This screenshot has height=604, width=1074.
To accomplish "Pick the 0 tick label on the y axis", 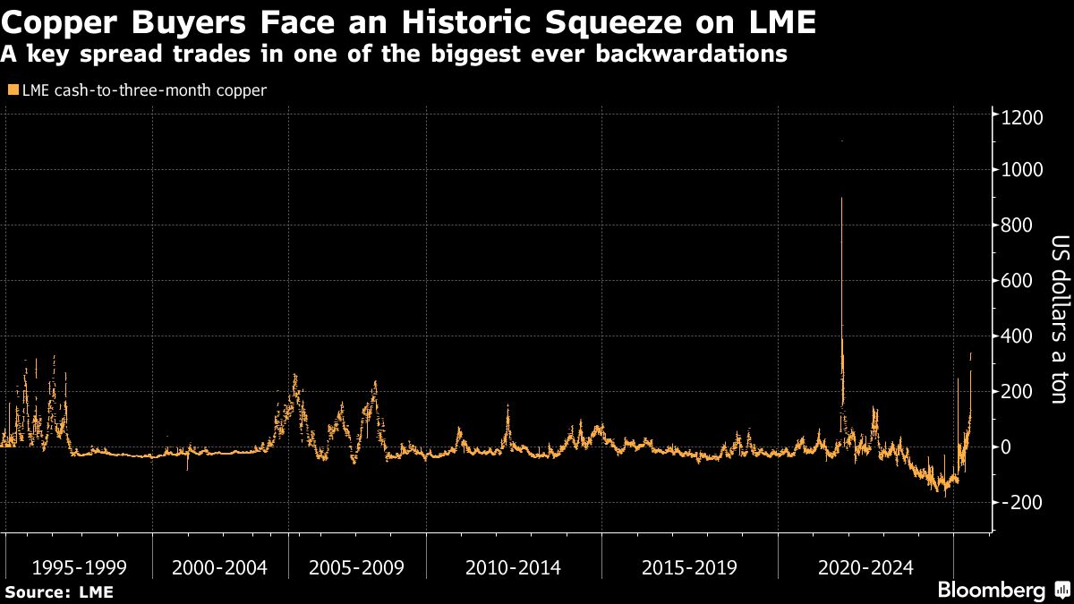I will coord(1008,447).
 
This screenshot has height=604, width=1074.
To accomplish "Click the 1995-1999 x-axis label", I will coord(79,567).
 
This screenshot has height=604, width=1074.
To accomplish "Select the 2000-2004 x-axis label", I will coord(219,567).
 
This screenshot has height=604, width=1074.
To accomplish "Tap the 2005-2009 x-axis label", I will coord(356,567).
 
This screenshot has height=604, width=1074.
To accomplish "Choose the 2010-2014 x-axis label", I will coord(514,567).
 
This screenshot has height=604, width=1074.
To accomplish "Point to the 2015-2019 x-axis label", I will coord(689,567).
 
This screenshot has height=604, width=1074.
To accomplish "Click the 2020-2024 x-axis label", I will coord(865,567).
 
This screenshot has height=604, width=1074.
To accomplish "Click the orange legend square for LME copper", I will coord(11,90).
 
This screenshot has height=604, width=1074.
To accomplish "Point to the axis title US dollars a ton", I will coord(1060,319).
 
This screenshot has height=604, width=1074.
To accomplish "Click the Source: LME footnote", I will coord(59,591).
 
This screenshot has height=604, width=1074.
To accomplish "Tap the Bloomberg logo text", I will coord(990,591).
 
